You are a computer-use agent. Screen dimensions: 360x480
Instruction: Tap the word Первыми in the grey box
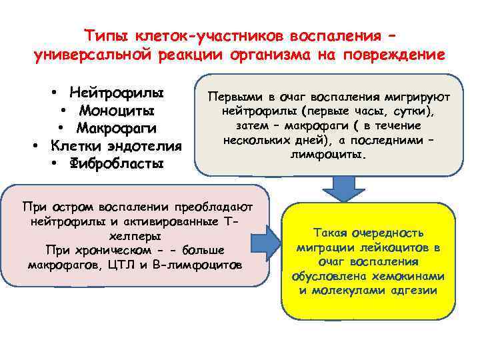point(235,97)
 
